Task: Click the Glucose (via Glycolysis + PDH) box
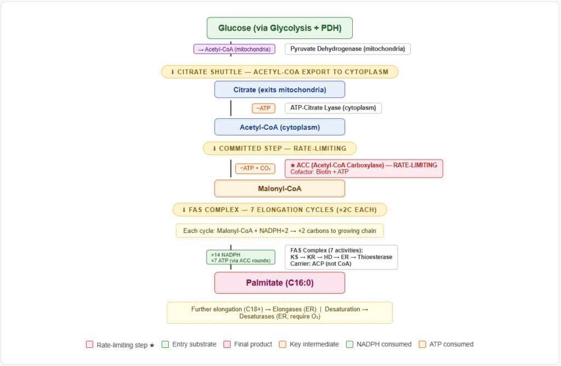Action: tap(279, 28)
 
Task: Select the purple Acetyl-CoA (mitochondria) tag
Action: tap(234, 49)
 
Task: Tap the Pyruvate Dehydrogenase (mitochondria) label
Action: tap(348, 49)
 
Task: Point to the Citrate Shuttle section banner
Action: tap(279, 72)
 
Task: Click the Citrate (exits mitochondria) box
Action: tap(279, 89)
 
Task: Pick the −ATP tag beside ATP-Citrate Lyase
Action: tap(264, 108)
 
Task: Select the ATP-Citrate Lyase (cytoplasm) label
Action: tap(333, 108)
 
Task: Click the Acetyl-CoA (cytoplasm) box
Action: tap(279, 127)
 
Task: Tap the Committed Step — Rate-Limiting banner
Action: tap(279, 148)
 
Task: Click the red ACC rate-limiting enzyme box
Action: tap(364, 168)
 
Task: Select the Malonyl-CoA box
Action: tap(279, 188)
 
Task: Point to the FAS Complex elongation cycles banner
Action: tap(279, 210)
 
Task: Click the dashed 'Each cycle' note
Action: tap(279, 231)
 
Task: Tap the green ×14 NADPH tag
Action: tap(241, 258)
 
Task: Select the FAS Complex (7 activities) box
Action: tap(341, 257)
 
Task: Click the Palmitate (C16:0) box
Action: tap(279, 283)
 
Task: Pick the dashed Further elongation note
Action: tap(279, 312)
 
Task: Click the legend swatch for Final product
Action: tap(227, 344)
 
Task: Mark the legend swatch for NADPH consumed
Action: tap(350, 344)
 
